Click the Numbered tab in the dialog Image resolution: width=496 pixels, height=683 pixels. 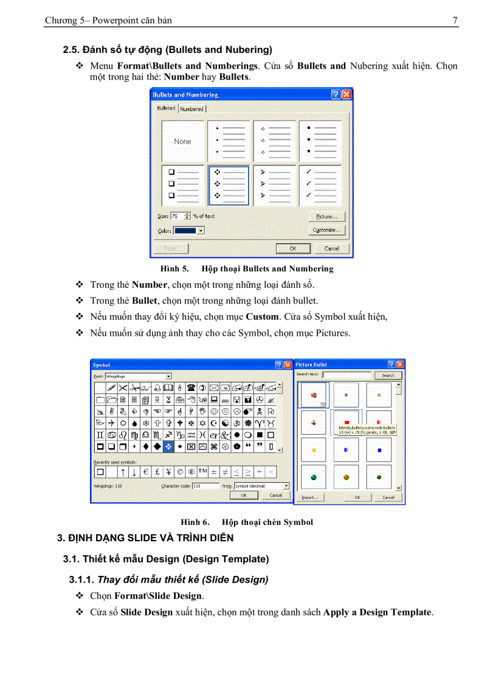click(x=191, y=109)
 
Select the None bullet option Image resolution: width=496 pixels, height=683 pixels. click(x=182, y=141)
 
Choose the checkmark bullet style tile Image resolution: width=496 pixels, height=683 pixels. click(x=320, y=184)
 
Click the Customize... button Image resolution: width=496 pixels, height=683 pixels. click(x=328, y=231)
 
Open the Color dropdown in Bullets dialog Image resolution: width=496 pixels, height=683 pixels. click(x=200, y=231)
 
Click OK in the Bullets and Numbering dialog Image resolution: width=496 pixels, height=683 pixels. click(x=292, y=249)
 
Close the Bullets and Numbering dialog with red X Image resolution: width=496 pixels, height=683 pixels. click(x=346, y=95)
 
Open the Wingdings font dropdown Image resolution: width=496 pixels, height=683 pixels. click(x=168, y=376)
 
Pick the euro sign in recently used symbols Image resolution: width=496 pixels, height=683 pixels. click(x=146, y=471)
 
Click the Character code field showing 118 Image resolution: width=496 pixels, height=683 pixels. click(x=205, y=486)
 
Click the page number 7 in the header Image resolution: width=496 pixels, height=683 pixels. click(x=455, y=20)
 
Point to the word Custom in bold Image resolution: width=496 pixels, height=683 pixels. click(x=262, y=316)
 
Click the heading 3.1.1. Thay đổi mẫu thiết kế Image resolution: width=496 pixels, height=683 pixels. click(x=168, y=580)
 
